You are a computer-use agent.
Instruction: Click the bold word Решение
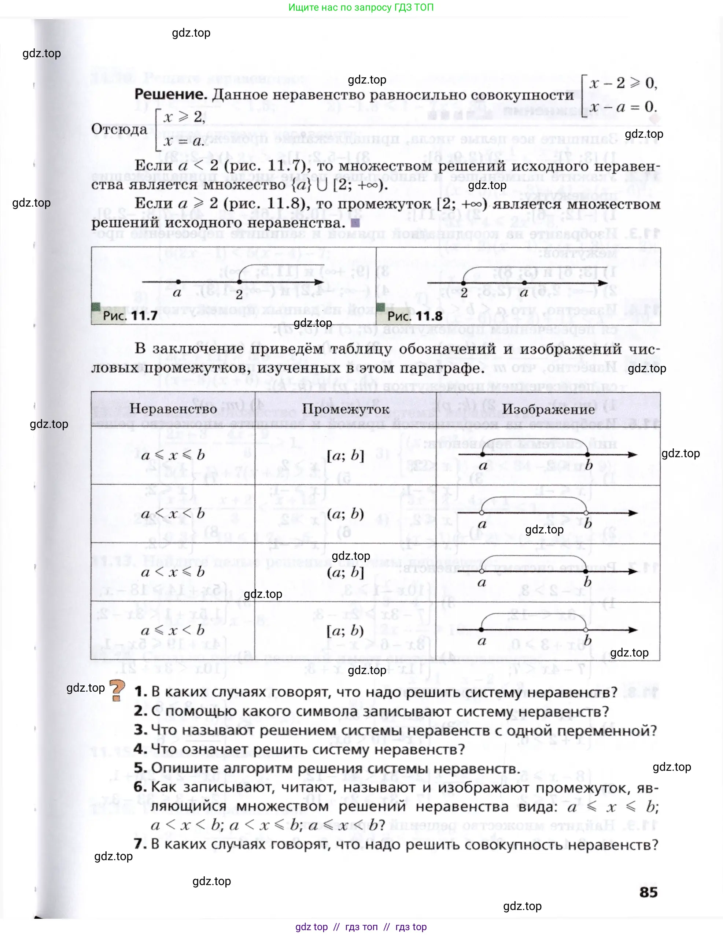pos(170,95)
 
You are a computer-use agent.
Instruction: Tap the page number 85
pos(648,892)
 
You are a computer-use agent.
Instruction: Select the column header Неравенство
pos(173,409)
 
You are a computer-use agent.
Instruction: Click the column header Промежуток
pos(346,409)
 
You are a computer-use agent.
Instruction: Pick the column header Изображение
pos(548,409)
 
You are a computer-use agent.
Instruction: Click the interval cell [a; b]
pos(346,455)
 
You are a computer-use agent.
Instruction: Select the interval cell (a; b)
pos(346,514)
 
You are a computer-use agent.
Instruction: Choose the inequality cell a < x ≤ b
pos(173,572)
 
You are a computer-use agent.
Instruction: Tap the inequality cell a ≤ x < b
pos(173,630)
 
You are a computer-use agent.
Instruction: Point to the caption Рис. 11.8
pos(414,316)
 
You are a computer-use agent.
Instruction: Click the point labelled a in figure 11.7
pos(178,282)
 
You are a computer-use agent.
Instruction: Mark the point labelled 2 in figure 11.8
pos(463,283)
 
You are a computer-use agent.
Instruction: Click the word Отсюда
pos(119,129)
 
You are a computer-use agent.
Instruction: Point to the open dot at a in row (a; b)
pos(482,513)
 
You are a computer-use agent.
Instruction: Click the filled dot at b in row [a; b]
pos(587,454)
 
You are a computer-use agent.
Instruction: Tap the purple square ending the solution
pos(355,223)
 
